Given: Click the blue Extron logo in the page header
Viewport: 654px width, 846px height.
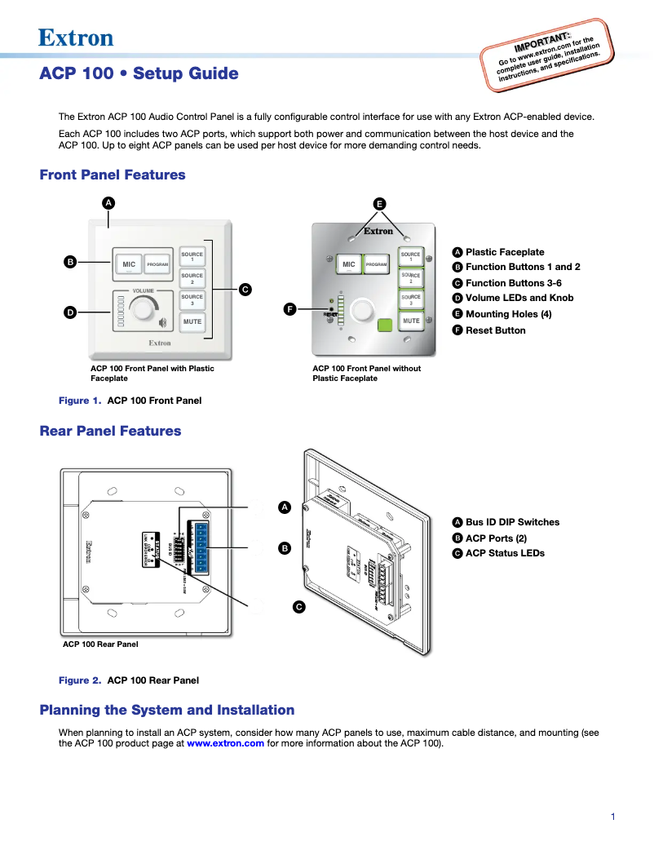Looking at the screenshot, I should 76,38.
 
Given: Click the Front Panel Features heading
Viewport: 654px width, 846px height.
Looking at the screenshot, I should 113,175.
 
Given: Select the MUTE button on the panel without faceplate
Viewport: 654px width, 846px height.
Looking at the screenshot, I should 410,321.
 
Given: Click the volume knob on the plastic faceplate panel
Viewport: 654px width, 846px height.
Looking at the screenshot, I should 144,309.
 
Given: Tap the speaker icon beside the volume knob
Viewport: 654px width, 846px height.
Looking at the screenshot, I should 163,321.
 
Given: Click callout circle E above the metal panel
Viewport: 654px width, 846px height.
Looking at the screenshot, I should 379,204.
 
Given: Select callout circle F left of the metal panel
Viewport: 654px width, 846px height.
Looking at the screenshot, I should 289,308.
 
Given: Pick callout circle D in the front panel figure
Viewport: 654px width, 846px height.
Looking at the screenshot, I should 70,312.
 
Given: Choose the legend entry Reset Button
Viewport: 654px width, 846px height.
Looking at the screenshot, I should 495,330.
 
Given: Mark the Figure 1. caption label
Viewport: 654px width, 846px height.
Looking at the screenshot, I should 80,401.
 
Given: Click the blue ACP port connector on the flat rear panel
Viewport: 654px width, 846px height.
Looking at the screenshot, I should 198,547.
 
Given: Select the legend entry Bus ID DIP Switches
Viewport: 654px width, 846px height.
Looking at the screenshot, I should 512,522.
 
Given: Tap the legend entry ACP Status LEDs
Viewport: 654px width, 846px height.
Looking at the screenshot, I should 505,553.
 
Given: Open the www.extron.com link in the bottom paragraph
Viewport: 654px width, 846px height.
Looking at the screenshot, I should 225,743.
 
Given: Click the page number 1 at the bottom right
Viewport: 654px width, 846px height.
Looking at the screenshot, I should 612,817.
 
